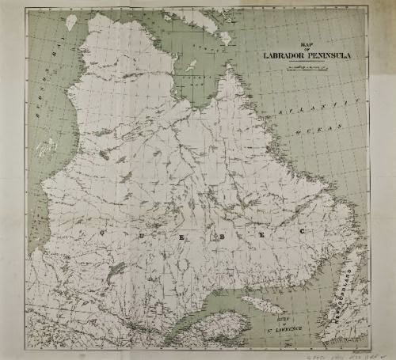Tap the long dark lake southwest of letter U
tap(116, 270)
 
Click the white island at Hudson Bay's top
tap(70, 21)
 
